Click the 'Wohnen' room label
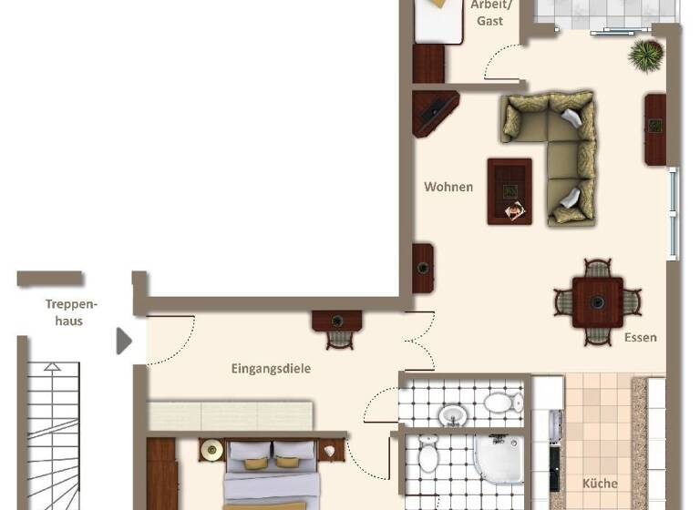[x=448, y=187]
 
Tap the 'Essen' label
[x=640, y=338]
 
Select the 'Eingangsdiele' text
[x=270, y=369]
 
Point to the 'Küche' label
[x=600, y=484]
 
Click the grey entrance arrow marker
[x=124, y=341]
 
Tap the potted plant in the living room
[x=645, y=55]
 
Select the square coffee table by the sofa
[x=510, y=190]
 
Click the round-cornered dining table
[x=598, y=301]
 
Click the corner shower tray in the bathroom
[x=497, y=460]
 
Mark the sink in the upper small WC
[x=453, y=415]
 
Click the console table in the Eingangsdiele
[x=337, y=320]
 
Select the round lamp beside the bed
[x=212, y=450]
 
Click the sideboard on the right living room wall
[x=655, y=128]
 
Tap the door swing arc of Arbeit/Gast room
[x=499, y=66]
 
